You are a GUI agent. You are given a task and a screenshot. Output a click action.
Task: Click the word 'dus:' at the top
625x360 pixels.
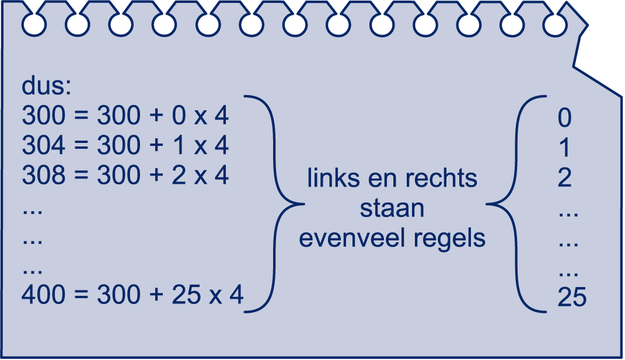pos(46,86)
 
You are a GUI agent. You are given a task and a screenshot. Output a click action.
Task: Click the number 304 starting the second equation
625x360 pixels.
pos(43,145)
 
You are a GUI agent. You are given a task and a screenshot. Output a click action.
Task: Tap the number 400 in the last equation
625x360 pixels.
pos(43,295)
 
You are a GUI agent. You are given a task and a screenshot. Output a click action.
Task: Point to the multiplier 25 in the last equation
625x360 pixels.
pos(186,295)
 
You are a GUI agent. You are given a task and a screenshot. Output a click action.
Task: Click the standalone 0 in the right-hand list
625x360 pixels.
pos(564,118)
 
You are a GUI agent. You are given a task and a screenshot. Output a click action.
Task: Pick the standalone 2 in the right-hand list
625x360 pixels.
pos(564,177)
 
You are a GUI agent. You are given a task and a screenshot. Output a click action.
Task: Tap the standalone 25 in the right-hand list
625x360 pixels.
pos(572,297)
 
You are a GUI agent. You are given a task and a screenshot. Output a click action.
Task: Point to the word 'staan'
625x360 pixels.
pos(392,208)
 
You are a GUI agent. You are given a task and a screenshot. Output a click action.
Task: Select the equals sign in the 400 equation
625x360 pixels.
pos(81,295)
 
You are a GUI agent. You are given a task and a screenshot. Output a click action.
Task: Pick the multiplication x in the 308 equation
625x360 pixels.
pos(201,177)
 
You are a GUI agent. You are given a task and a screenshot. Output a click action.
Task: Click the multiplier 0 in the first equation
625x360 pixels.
pos(179,115)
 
